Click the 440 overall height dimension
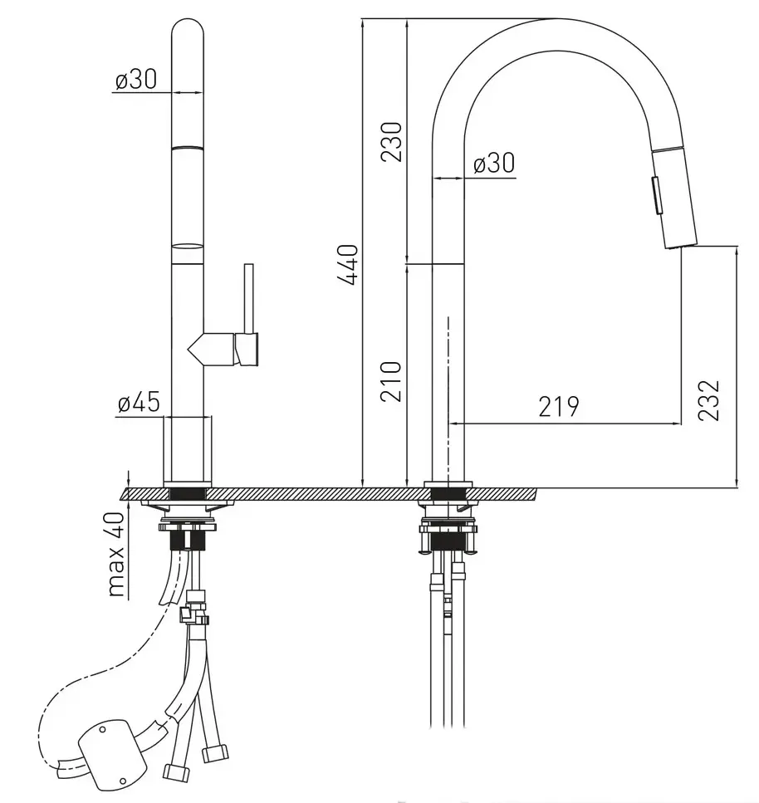(x=348, y=265)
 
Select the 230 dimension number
(x=392, y=142)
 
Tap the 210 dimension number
(x=392, y=381)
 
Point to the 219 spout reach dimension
(x=559, y=407)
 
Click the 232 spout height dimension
(x=709, y=400)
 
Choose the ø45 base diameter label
(x=139, y=402)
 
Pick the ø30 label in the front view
(x=135, y=80)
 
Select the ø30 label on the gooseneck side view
(x=494, y=164)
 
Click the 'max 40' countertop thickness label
(x=117, y=555)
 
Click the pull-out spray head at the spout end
(x=675, y=198)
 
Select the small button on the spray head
(x=656, y=194)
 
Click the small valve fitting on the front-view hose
(x=193, y=609)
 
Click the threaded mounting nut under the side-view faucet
(x=448, y=541)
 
